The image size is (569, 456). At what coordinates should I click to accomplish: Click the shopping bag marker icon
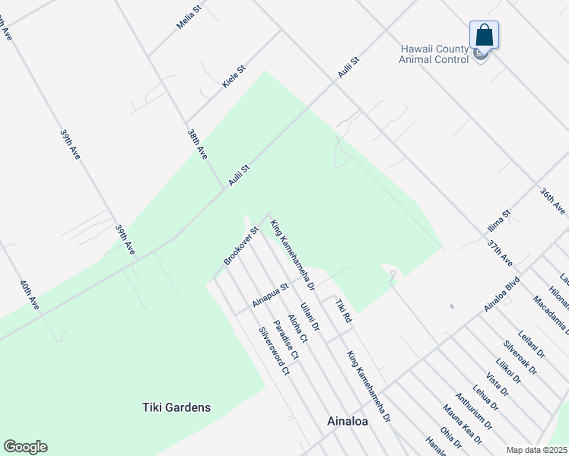pyautogui.click(x=484, y=36)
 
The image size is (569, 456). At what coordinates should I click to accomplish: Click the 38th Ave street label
pyautogui.click(x=197, y=143)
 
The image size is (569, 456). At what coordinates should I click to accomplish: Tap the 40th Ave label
pyautogui.click(x=30, y=295)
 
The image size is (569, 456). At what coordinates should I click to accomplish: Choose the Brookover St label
pyautogui.click(x=242, y=245)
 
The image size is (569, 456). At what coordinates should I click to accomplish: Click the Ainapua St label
pyautogui.click(x=272, y=296)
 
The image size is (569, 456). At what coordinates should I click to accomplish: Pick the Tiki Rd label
pyautogui.click(x=342, y=309)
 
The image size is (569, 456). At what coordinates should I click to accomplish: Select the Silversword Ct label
pyautogui.click(x=274, y=351)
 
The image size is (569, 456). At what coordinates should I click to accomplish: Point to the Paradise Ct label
pyautogui.click(x=287, y=339)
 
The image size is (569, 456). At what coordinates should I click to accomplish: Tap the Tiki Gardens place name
pyautogui.click(x=176, y=407)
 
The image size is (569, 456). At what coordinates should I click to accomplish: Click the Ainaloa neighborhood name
pyautogui.click(x=348, y=420)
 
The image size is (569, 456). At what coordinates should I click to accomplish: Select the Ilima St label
pyautogui.click(x=499, y=222)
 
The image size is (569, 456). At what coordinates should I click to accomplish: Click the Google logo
pyautogui.click(x=25, y=447)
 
